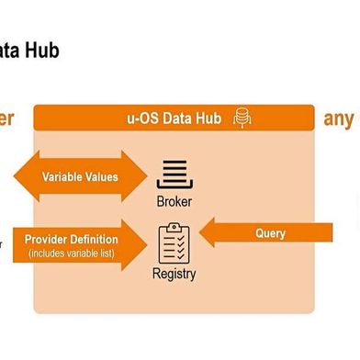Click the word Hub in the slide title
(x=43, y=50)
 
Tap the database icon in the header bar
(x=242, y=118)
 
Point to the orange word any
(x=338, y=118)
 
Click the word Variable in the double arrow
(x=66, y=176)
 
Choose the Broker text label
(x=174, y=201)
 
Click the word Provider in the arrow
(x=51, y=240)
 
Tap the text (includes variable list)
(x=71, y=253)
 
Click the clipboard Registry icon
(x=174, y=243)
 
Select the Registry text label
(x=174, y=273)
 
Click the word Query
(x=270, y=234)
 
